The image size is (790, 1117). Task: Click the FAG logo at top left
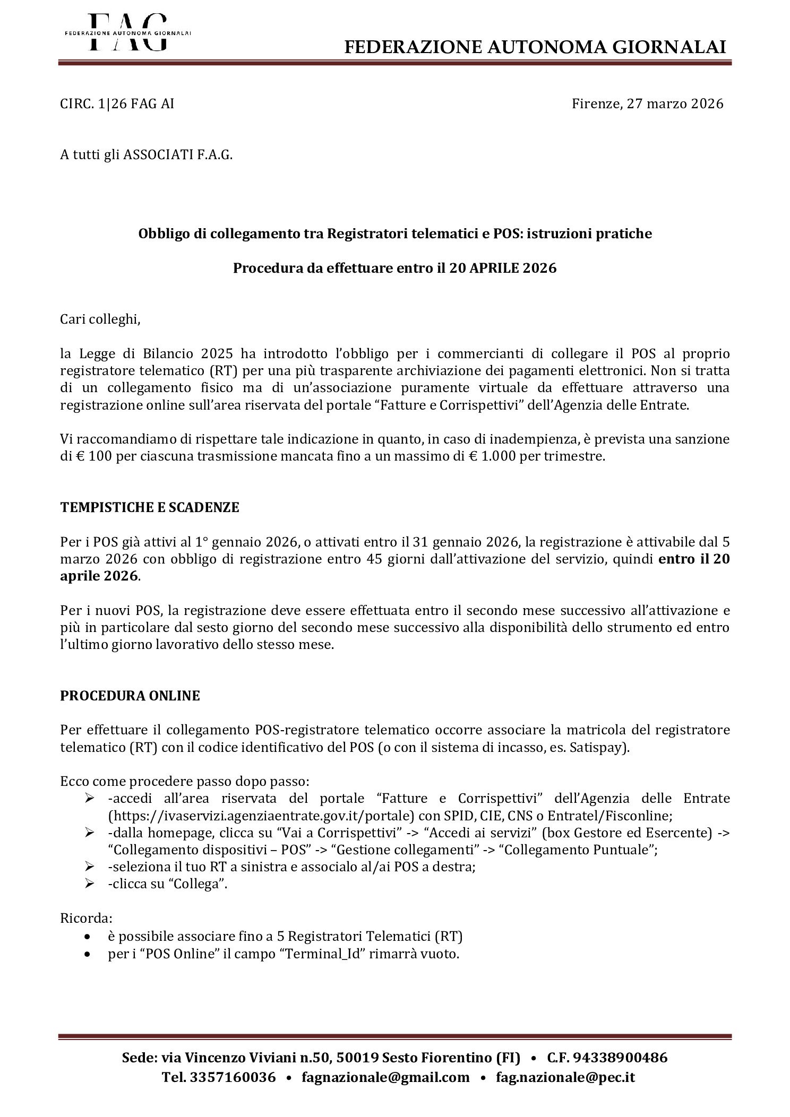(x=127, y=32)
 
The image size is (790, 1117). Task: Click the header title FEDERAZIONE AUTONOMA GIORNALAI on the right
(x=535, y=48)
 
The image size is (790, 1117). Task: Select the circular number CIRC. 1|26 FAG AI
(x=117, y=104)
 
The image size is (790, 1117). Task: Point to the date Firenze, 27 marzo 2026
(x=647, y=104)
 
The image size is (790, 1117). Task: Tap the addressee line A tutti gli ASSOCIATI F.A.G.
(x=147, y=155)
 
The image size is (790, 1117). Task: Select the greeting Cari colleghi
(x=101, y=321)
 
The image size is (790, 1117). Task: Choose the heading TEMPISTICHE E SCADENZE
(x=150, y=507)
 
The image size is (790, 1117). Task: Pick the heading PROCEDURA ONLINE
(x=130, y=696)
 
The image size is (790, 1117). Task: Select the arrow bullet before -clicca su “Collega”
(x=90, y=884)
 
